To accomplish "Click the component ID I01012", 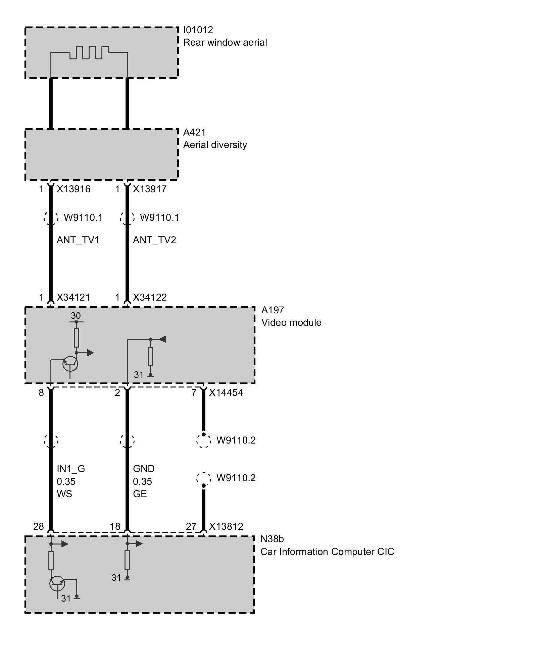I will pyautogui.click(x=198, y=30).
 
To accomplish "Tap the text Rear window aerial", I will pyautogui.click(x=225, y=43).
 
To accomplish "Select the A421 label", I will pyautogui.click(x=194, y=132).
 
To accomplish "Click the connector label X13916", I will pyautogui.click(x=74, y=189).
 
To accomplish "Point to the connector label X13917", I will pyautogui.click(x=150, y=189).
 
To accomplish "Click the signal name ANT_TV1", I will pyautogui.click(x=78, y=240).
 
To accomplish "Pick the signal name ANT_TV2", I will pyautogui.click(x=154, y=240).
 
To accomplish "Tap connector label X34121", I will pyautogui.click(x=74, y=298).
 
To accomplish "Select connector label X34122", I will pyautogui.click(x=150, y=298).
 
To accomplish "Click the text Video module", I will pyautogui.click(x=291, y=323).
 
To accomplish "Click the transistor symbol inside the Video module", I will pyautogui.click(x=70, y=364).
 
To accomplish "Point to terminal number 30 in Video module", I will pyautogui.click(x=76, y=316).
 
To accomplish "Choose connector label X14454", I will pyautogui.click(x=226, y=393).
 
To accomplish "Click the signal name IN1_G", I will pyautogui.click(x=71, y=469).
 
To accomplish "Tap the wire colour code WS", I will pyautogui.click(x=64, y=494).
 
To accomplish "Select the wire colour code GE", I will pyautogui.click(x=140, y=494).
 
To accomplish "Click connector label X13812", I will pyautogui.click(x=226, y=526).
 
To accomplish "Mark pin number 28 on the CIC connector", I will pyautogui.click(x=39, y=526).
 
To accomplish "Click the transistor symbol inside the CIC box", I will pyautogui.click(x=57, y=584).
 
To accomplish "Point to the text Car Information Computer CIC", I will pyautogui.click(x=327, y=552).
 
